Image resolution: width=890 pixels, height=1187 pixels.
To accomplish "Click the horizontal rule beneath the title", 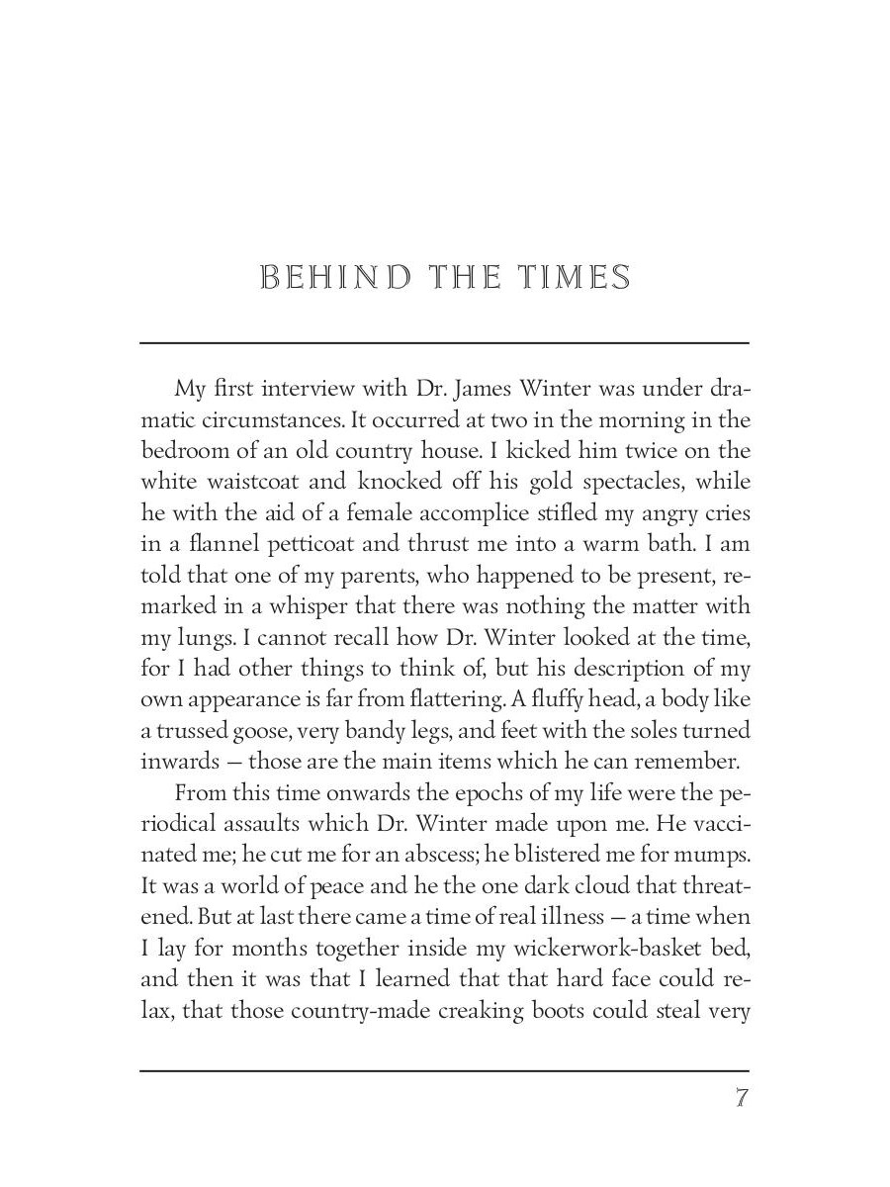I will click(444, 343).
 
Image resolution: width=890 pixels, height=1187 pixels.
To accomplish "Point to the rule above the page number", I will click(444, 1070).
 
